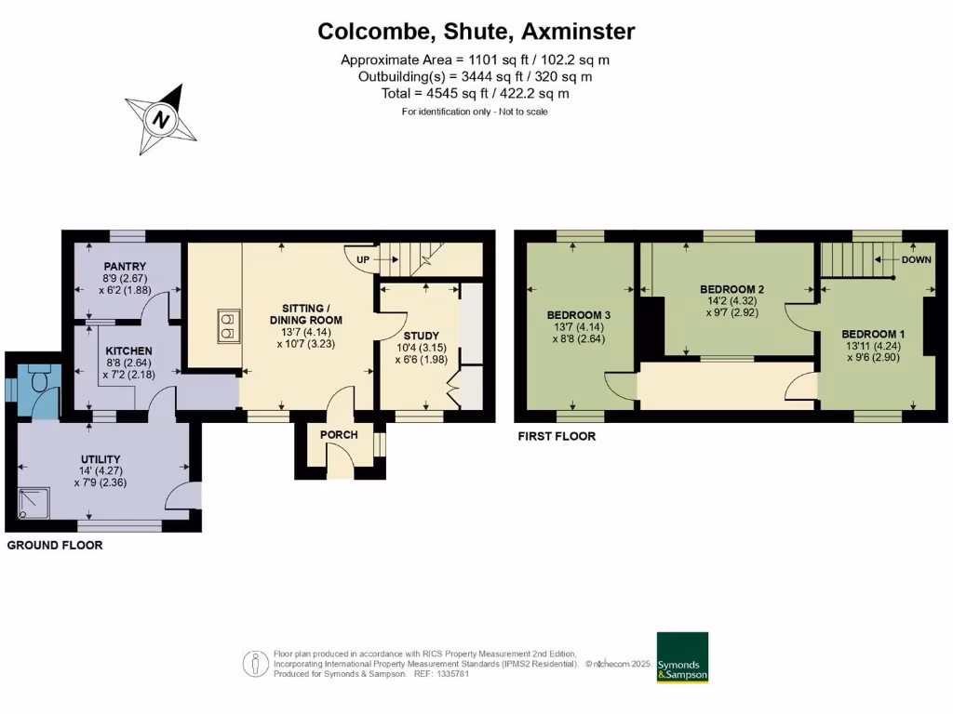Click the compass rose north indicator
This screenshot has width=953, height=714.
162,119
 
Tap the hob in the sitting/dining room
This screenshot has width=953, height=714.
226,324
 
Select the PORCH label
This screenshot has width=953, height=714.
339,435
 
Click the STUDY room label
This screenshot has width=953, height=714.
422,336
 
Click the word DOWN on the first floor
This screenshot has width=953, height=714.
916,260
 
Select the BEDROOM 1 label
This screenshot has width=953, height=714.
873,334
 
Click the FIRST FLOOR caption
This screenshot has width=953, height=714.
557,436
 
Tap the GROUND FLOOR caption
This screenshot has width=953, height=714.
55,546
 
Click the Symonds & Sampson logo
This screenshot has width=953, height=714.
682,658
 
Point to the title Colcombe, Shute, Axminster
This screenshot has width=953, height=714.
476,32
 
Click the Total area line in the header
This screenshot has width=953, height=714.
476,94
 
